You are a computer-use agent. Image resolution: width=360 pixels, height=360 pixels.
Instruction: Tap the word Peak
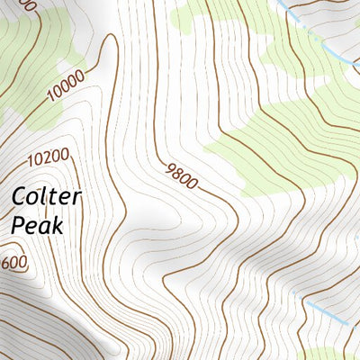pos(37,225)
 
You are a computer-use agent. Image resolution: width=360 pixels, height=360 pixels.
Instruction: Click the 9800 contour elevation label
pos(181,175)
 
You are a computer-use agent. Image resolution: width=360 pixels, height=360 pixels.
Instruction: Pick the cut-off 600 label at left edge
pos(13,262)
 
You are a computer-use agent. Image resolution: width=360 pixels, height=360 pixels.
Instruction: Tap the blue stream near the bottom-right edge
pos(326,312)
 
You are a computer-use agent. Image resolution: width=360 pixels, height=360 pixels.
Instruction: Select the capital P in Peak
pos(18,225)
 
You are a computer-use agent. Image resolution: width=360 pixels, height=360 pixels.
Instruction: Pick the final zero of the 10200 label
pos(64,155)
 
